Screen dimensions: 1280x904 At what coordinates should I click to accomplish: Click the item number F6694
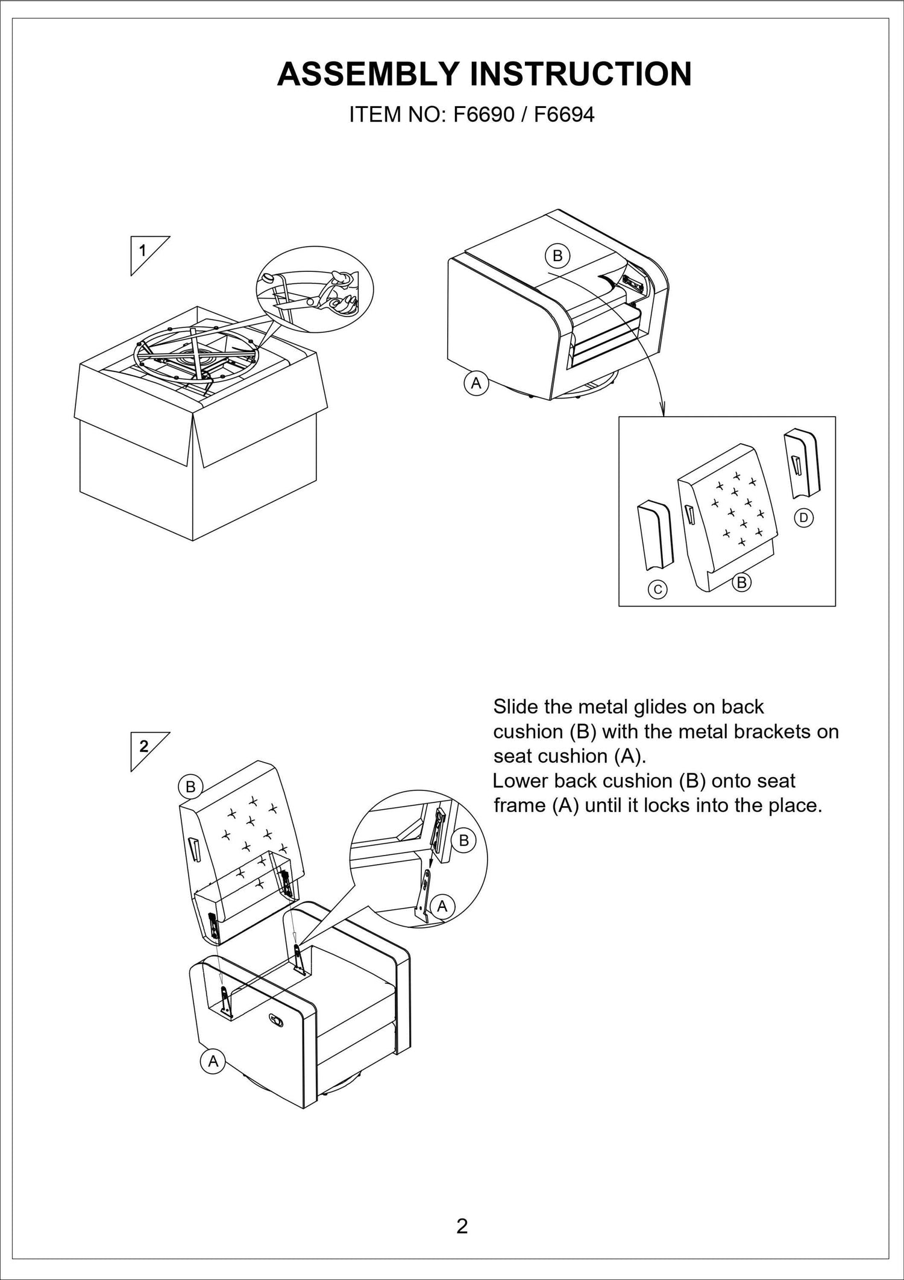(564, 115)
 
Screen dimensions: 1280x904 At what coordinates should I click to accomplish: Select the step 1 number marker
(143, 250)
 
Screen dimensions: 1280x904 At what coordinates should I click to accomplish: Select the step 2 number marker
(143, 746)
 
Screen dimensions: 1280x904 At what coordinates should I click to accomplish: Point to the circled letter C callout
(658, 589)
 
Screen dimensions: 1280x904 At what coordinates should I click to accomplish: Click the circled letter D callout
(803, 517)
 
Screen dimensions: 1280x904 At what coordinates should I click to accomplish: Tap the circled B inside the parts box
(742, 582)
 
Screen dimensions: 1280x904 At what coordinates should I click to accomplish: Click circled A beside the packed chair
(476, 383)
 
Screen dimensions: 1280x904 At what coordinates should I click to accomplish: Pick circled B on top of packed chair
(557, 256)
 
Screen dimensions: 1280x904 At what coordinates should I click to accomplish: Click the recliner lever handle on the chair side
(277, 1019)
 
